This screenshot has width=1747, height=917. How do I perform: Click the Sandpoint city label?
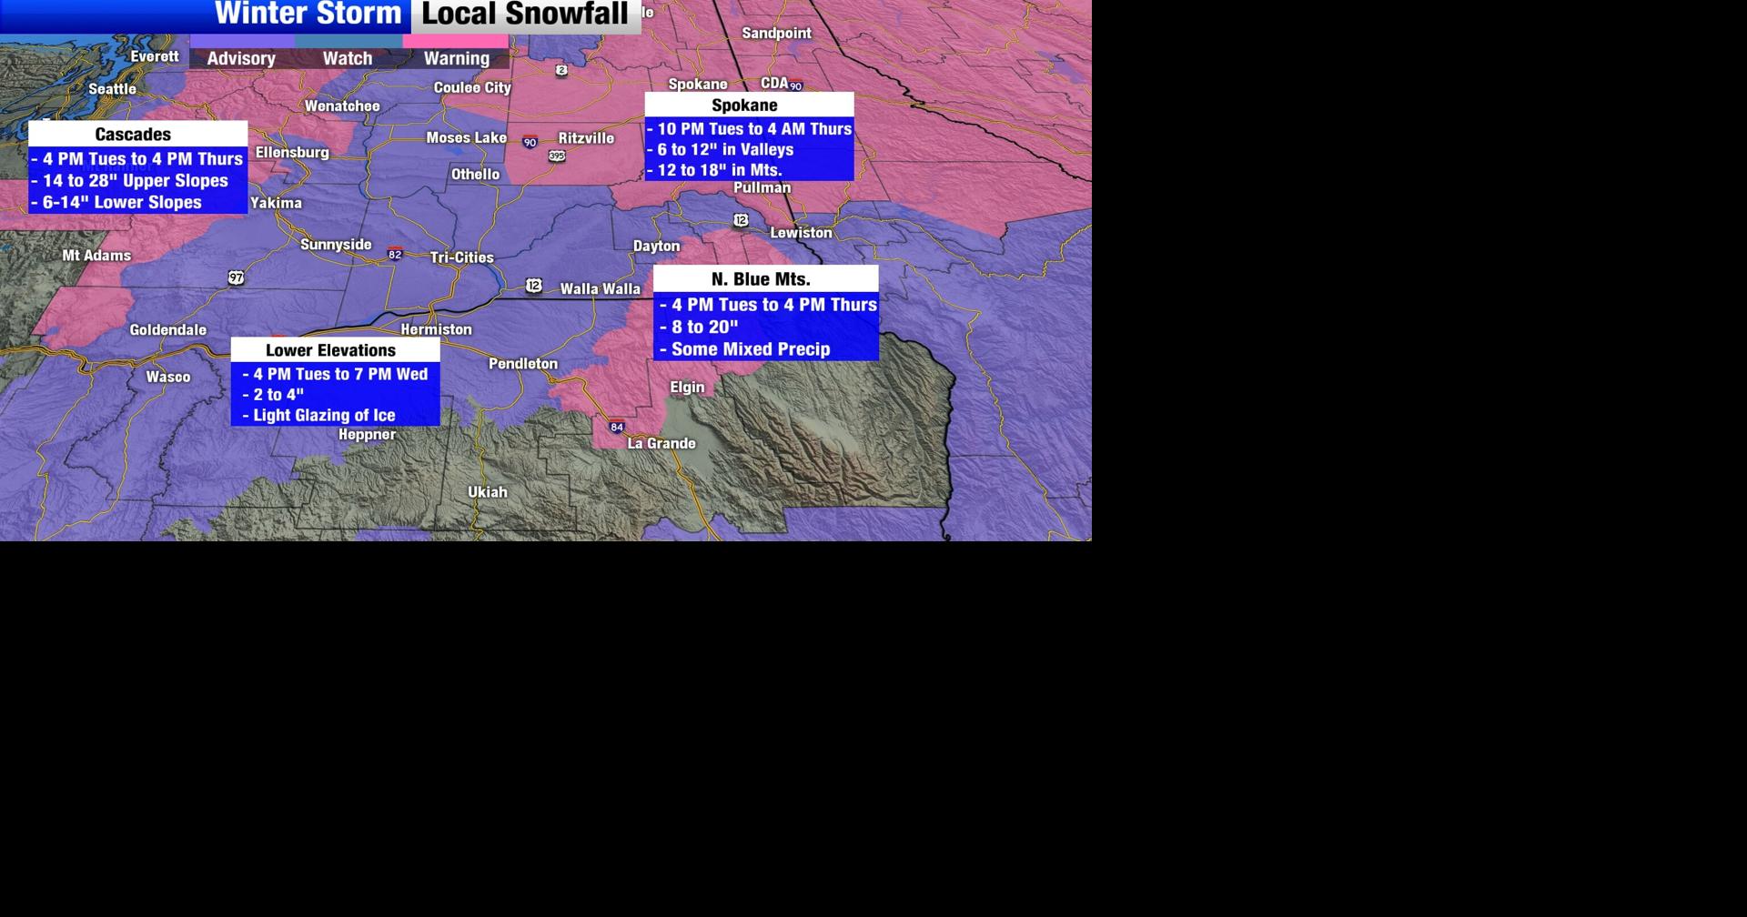tap(776, 33)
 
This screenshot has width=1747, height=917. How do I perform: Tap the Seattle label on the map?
tap(113, 88)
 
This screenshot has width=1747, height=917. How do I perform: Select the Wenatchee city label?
tap(342, 106)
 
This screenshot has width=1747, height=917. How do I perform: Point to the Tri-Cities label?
tap(462, 257)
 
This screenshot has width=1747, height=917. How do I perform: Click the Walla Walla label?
tap(601, 288)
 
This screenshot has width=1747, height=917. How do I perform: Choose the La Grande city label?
tap(661, 443)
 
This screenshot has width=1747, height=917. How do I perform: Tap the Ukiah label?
tap(488, 491)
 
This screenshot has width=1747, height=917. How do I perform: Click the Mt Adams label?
tap(96, 256)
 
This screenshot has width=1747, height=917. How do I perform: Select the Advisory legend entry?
tap(241, 57)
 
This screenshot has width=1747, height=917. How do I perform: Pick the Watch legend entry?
tap(348, 57)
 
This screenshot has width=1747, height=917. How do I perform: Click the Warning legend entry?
tap(457, 57)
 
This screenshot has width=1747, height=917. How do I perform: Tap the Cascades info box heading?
tap(133, 134)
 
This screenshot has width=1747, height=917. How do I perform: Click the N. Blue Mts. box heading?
tap(761, 278)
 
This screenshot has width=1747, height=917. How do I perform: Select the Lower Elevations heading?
tap(331, 350)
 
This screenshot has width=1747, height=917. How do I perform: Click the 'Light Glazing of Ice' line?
tap(324, 415)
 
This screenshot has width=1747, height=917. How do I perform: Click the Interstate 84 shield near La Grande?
tap(617, 427)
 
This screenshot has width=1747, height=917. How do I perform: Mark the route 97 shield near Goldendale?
tap(237, 277)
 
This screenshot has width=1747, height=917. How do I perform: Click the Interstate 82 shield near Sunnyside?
tap(395, 254)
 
